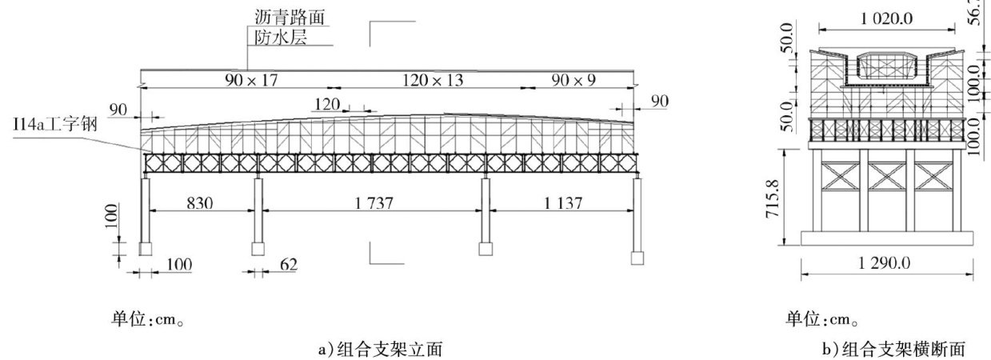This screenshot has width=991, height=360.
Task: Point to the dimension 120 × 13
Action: click(422, 80)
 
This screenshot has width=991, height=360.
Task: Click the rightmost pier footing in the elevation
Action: click(637, 258)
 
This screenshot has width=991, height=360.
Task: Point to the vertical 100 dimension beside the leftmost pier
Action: click(111, 215)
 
